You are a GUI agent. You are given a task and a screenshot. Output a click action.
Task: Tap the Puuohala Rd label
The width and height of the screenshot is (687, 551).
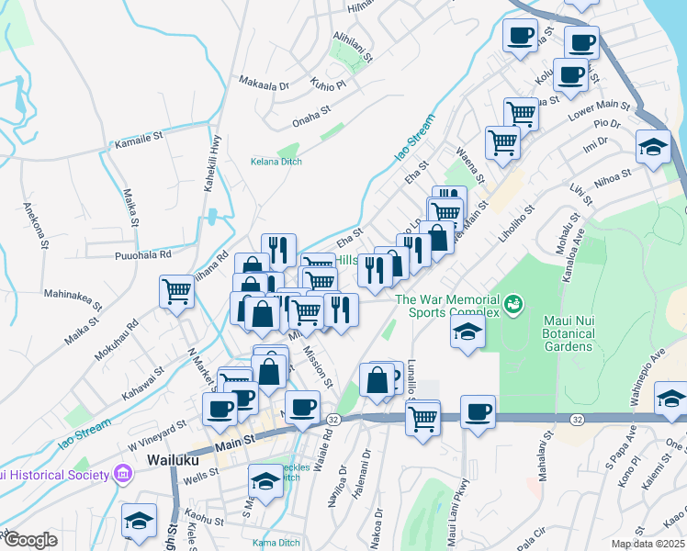(143, 254)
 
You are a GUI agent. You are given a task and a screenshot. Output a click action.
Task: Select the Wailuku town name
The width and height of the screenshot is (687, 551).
(175, 457)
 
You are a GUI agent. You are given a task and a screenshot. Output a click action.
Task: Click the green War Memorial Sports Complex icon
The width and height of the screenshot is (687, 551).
(513, 300)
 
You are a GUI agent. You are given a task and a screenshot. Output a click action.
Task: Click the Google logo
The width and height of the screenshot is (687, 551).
(29, 540)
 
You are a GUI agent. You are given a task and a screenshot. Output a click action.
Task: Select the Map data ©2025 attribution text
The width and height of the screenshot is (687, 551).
(648, 544)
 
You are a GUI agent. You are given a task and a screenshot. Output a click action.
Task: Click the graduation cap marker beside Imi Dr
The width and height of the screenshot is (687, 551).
(653, 147)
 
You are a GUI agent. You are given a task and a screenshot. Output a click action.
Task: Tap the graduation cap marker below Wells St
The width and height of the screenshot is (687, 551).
(265, 480)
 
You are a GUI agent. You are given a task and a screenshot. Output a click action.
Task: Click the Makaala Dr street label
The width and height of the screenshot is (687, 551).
(264, 84)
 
